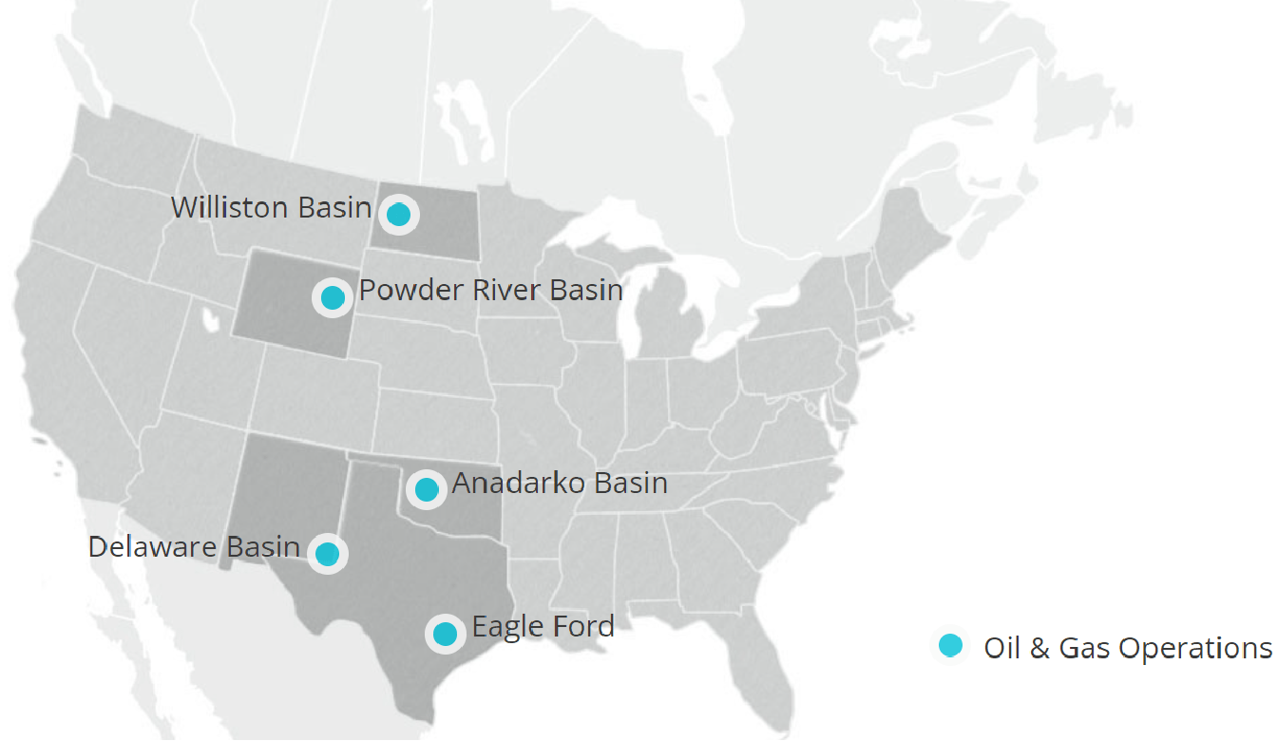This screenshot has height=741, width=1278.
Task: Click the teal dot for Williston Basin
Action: (399, 215)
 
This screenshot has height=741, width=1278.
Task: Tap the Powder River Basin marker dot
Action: (333, 297)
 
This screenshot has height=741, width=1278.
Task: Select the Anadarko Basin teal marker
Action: (427, 490)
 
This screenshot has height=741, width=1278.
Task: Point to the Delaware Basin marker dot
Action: (328, 553)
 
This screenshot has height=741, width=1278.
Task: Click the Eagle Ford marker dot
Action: (445, 633)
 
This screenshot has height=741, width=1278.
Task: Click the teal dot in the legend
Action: (949, 646)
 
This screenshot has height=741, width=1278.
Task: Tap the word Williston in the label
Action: (231, 208)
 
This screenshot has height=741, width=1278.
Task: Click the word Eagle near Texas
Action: (505, 628)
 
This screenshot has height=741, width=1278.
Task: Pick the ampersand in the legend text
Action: (1040, 648)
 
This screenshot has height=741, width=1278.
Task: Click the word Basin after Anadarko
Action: (629, 484)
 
